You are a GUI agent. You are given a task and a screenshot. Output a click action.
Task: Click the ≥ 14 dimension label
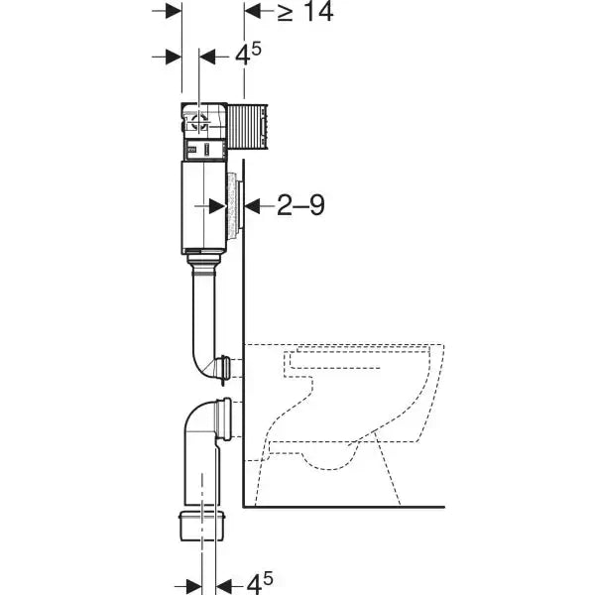(x=303, y=12)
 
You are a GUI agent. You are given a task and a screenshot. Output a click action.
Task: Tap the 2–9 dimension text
(x=300, y=205)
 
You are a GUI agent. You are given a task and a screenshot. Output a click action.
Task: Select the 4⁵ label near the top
(x=248, y=57)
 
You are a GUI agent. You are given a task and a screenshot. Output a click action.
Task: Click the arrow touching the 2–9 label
(x=255, y=205)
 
